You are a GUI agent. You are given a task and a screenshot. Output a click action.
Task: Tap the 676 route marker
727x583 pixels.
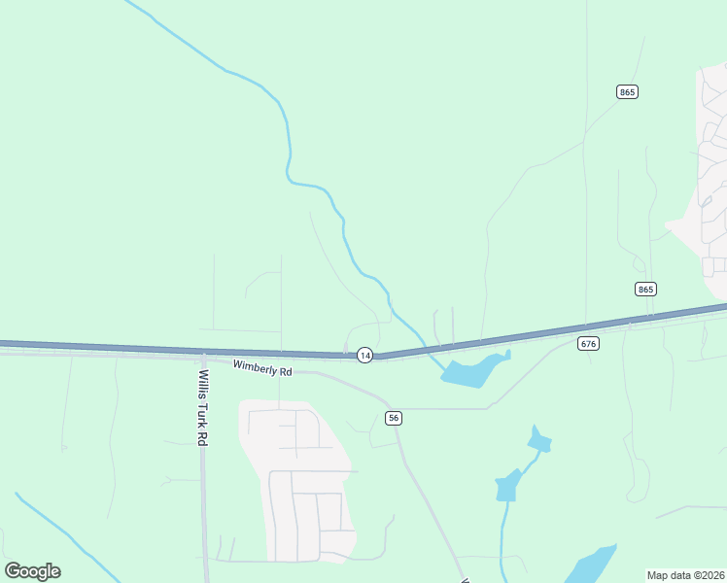[588, 343]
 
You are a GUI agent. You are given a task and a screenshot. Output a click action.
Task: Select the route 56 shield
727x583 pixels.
[393, 418]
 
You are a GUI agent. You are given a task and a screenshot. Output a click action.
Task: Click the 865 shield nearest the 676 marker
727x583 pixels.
[646, 289]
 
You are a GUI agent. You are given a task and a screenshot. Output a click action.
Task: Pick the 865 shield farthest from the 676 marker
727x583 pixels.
[627, 91]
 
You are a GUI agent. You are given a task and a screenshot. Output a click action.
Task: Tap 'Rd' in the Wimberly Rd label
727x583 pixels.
[285, 371]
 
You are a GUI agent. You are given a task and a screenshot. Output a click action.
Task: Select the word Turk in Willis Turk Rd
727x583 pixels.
[203, 410]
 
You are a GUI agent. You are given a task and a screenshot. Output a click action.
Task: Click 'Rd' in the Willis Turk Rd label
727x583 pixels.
[203, 436]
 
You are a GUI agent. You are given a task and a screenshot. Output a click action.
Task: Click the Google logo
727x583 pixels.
[32, 571]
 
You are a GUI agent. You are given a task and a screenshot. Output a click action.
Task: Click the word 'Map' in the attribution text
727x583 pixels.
[658, 575]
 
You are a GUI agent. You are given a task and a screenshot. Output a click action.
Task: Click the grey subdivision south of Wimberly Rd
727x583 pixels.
[301, 486]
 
